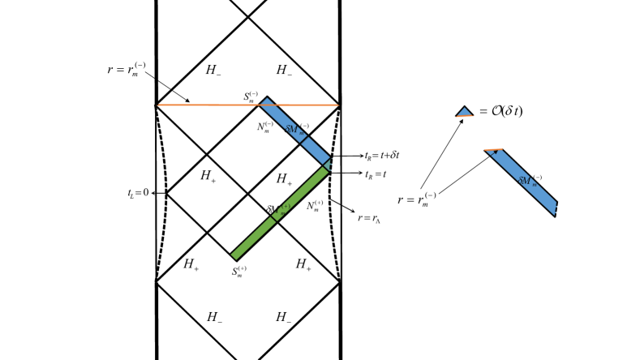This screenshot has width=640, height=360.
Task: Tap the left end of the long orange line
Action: point(159,105)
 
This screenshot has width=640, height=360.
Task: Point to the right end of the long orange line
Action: point(337,105)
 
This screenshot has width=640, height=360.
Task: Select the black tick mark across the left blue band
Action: point(304,139)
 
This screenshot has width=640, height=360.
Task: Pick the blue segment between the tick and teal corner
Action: point(316,150)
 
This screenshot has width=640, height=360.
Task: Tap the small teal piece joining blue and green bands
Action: point(328,165)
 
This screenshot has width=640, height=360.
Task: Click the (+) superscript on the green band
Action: point(286,207)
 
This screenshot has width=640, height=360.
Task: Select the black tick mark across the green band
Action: point(274,216)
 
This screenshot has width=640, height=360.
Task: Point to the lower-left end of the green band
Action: point(234,255)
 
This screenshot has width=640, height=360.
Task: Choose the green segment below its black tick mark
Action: point(254,237)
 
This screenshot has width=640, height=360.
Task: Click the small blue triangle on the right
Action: point(465,112)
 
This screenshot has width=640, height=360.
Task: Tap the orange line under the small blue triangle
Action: point(465,117)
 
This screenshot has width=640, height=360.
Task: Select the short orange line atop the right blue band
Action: point(493,150)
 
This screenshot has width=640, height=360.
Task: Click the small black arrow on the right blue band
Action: point(494,153)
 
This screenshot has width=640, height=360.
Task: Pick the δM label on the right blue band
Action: point(526,182)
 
